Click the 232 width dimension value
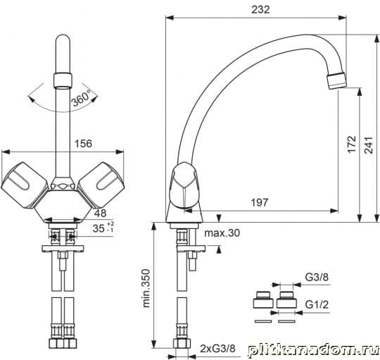260,9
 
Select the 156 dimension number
83,144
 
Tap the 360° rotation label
81,98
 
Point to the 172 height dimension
352,144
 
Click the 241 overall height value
369,145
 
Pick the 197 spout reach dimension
259,202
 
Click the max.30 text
222,233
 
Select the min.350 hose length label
146,288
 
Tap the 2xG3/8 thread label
217,349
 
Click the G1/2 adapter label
317,304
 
